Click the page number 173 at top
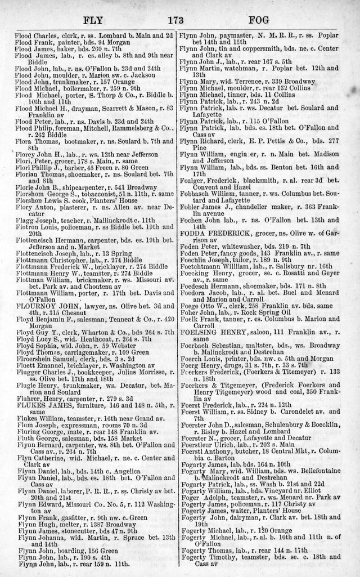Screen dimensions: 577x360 pos(176,21)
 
